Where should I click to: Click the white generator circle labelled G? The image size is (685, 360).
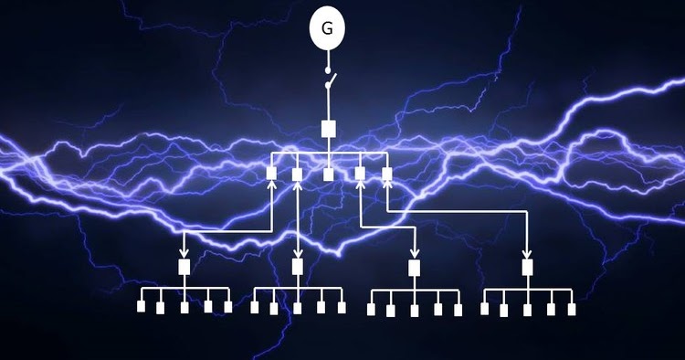pos(327,29)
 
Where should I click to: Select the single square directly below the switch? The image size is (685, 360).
pos(328,129)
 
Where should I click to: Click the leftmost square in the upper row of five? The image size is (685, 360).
pos(271,173)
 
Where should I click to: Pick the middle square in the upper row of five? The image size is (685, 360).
pos(328,173)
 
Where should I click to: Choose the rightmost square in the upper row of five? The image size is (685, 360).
pos(386,173)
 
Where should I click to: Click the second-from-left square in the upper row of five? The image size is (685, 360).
pos(297,173)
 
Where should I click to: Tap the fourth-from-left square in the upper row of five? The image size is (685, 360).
pos(360,173)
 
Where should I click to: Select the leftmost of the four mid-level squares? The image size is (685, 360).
pos(184,267)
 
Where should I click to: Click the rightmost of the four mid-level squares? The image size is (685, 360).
pos(527,267)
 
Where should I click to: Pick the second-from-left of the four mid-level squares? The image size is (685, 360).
pos(297,267)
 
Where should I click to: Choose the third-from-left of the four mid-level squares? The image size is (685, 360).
pos(414,267)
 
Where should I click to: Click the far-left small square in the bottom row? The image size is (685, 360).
pos(141,307)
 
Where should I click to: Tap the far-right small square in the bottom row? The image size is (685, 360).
pos(571,309)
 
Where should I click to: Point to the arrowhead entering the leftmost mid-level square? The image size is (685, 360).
pos(184,253)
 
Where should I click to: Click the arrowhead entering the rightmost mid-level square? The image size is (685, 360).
pos(527,253)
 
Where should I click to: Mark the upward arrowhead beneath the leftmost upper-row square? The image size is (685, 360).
pos(271,185)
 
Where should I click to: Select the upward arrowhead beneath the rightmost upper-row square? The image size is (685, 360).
pos(386,185)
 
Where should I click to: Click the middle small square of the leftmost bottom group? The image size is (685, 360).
pos(184,308)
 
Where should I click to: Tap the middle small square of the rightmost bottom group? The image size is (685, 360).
pos(527,309)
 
